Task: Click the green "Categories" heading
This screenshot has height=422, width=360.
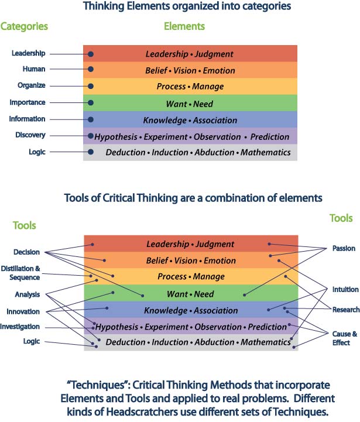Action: [24, 26]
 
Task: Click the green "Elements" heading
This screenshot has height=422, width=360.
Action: [184, 26]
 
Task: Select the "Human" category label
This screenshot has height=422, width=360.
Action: [34, 69]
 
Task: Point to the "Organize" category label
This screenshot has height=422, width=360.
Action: [32, 85]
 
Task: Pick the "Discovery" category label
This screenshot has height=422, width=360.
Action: [30, 135]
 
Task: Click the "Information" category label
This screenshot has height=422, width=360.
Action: [27, 119]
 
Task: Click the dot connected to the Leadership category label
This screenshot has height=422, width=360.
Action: [91, 54]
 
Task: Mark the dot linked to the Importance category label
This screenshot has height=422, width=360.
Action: [91, 102]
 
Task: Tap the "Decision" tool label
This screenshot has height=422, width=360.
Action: [27, 252]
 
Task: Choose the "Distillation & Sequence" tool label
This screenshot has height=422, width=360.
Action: [20, 273]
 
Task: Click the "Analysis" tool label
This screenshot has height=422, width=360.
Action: [28, 294]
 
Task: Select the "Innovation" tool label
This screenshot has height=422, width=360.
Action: [23, 311]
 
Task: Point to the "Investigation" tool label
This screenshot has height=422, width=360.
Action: [20, 327]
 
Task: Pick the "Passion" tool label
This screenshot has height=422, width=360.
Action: [344, 248]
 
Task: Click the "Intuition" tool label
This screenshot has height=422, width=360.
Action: [345, 289]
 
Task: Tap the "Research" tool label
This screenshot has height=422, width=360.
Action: [346, 310]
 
